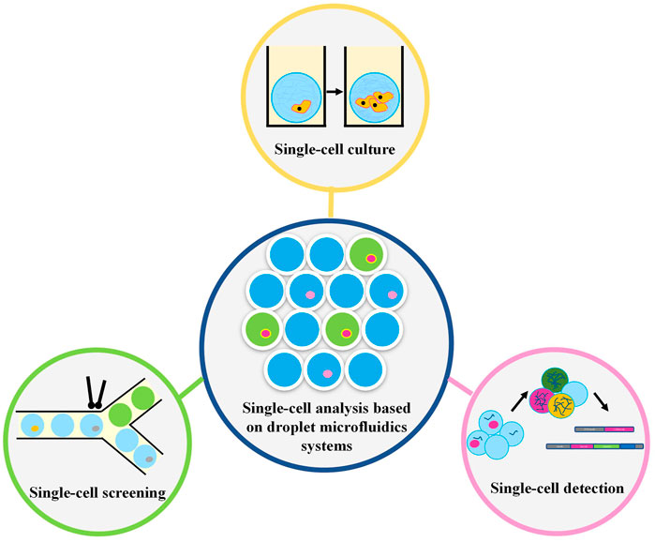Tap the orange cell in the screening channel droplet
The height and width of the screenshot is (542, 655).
coord(35,429)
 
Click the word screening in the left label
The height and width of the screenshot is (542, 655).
coord(122,494)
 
